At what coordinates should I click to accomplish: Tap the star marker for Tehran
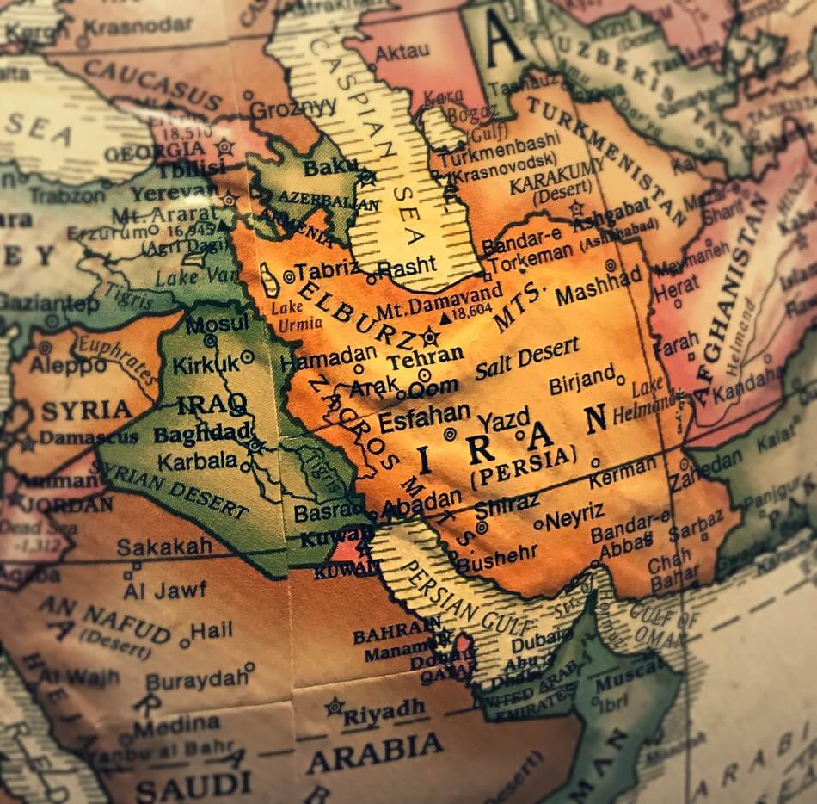[x=430, y=336]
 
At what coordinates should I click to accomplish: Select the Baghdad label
[x=202, y=433]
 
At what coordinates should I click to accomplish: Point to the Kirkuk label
[x=206, y=365]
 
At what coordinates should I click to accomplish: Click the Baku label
[x=323, y=165]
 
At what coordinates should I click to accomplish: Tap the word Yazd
[x=503, y=420]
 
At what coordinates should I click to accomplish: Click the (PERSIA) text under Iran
[x=522, y=464]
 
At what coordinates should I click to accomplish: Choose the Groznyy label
[x=293, y=108]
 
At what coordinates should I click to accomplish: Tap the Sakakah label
[x=163, y=547]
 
